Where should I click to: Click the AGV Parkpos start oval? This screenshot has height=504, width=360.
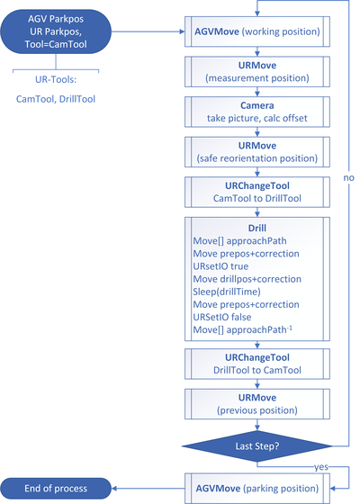click(56, 31)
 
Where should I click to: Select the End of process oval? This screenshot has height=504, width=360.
click(56, 488)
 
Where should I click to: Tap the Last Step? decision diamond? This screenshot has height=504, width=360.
click(256, 446)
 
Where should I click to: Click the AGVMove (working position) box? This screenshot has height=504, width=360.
click(257, 31)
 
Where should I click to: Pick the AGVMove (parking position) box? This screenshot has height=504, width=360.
click(257, 488)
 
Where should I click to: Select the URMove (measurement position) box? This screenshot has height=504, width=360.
click(257, 72)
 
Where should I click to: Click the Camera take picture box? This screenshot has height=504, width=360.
click(257, 112)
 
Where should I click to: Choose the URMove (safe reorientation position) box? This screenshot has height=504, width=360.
click(257, 152)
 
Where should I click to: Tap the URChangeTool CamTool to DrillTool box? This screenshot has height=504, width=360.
click(257, 192)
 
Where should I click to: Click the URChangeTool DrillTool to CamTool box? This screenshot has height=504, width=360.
click(257, 364)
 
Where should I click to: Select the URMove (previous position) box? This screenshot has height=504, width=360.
click(257, 404)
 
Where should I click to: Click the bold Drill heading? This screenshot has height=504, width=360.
click(257, 228)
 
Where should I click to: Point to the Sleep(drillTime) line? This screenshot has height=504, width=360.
click(227, 292)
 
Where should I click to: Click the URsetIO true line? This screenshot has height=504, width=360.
click(220, 266)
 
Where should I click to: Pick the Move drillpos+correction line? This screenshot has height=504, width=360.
click(247, 279)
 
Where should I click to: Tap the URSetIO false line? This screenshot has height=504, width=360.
click(221, 317)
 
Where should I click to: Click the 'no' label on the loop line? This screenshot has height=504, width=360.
click(349, 178)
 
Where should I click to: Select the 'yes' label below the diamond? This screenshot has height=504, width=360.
click(321, 467)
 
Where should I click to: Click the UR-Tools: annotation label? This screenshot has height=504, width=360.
click(56, 79)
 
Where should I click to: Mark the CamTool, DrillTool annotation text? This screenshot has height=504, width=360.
click(56, 99)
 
